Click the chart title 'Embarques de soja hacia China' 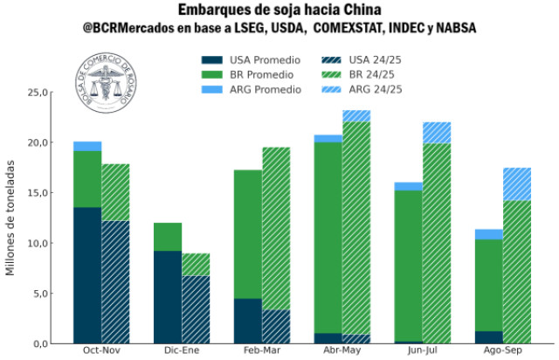pyautogui.click(x=279, y=10)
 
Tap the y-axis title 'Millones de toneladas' pyautogui.click(x=11, y=218)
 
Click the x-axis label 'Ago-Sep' pyautogui.click(x=504, y=351)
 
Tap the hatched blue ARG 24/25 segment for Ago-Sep pyautogui.click(x=517, y=183)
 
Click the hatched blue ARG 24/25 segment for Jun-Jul pyautogui.click(x=437, y=132)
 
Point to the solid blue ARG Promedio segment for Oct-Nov pyautogui.click(x=87, y=146)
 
